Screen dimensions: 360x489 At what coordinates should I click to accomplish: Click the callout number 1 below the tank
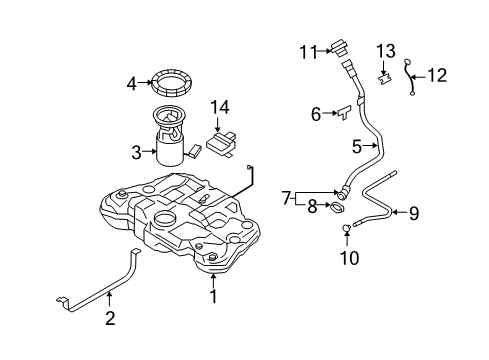pyautogui.click(x=212, y=296)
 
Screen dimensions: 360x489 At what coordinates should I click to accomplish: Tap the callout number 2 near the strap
pyautogui.click(x=110, y=320)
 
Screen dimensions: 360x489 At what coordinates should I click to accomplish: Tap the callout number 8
pyautogui.click(x=313, y=207)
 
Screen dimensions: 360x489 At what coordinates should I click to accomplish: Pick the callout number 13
pyautogui.click(x=385, y=51)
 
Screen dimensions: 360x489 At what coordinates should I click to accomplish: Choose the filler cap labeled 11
pyautogui.click(x=342, y=47)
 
